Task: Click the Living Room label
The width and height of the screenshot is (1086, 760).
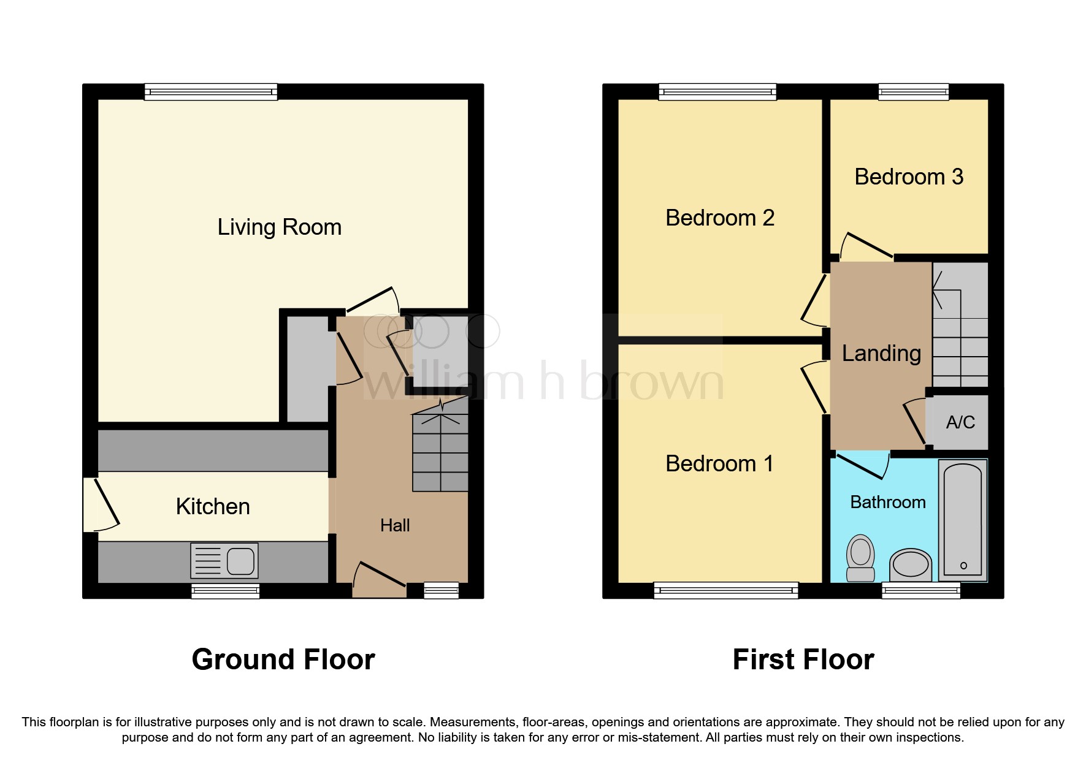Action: (x=279, y=227)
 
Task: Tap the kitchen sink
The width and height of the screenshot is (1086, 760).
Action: (x=224, y=560)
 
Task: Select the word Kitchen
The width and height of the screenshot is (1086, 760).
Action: (x=213, y=507)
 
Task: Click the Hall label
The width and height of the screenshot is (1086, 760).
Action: (x=394, y=525)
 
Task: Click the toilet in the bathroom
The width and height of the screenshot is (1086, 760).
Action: (x=860, y=558)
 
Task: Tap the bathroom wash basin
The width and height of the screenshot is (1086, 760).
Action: (x=911, y=564)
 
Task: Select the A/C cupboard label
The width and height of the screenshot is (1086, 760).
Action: (x=960, y=422)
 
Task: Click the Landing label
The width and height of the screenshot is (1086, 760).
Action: (x=881, y=354)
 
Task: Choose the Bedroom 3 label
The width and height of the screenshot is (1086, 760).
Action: (x=909, y=177)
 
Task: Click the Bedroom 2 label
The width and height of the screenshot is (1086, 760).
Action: (x=720, y=218)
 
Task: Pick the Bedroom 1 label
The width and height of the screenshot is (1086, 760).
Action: (x=719, y=464)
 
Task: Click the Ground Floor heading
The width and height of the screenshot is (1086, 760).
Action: (x=283, y=660)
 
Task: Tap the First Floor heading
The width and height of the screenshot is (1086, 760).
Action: (x=803, y=660)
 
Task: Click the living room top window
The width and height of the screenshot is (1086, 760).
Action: (x=211, y=92)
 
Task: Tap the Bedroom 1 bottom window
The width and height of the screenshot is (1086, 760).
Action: (x=726, y=590)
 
